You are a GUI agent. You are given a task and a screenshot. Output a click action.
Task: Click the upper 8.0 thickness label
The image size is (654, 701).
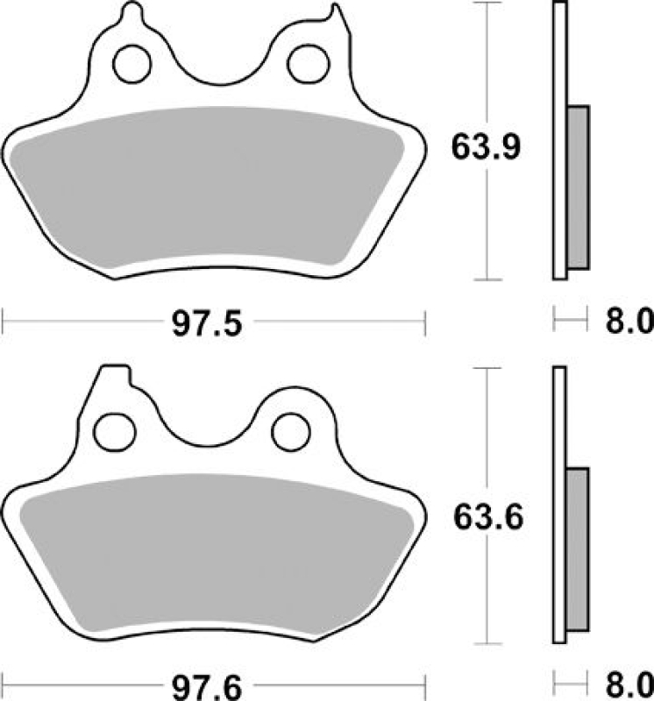(x=627, y=322)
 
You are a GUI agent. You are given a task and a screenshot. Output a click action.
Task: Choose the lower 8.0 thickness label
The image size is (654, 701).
(x=627, y=682)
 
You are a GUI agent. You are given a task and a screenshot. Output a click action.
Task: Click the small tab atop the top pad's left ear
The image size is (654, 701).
(x=132, y=13)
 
